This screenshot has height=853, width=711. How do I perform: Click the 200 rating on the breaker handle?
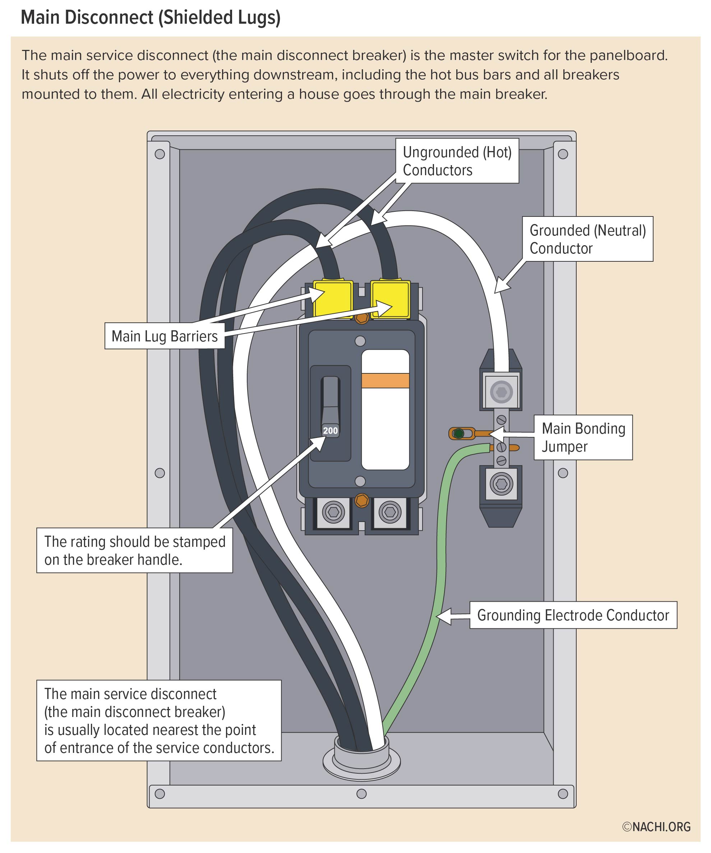point(330,430)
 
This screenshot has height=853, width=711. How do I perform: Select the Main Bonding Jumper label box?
point(583,437)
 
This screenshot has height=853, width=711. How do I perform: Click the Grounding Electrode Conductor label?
point(573,615)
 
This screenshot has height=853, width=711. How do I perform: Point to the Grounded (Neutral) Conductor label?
point(587,239)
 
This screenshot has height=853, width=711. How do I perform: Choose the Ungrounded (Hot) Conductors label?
point(457,161)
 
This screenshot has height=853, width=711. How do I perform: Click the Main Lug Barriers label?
point(165,336)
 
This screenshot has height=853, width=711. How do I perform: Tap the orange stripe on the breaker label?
point(385,381)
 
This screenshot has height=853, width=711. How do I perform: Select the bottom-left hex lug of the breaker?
point(334,512)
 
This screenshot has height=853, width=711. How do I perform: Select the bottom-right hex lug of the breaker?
point(390,512)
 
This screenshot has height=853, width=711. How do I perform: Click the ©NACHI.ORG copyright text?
point(656,827)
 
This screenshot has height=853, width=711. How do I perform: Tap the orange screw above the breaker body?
point(362,318)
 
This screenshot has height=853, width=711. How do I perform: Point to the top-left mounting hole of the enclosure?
point(160,154)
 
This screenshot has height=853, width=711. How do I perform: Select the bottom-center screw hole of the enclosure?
point(361,793)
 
